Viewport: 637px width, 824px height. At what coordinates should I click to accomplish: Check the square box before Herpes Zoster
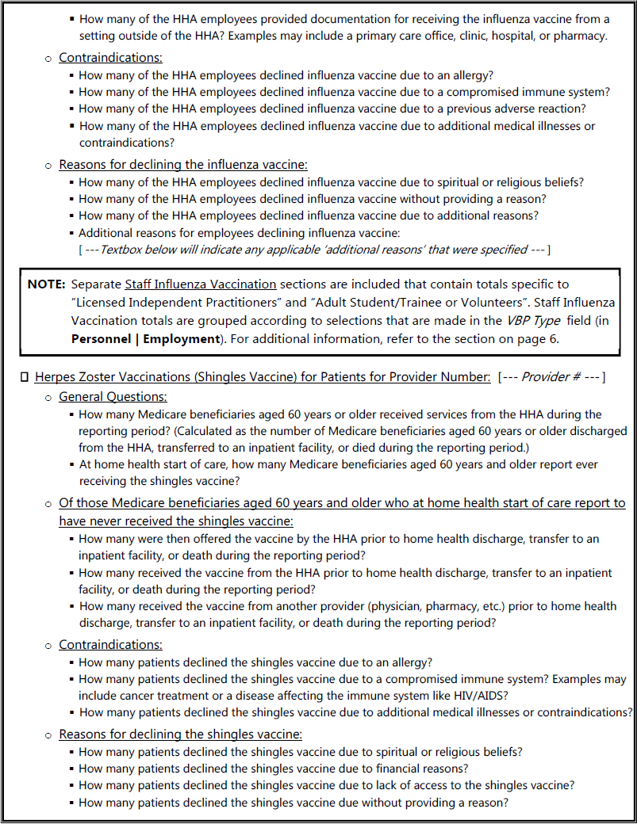[x=25, y=377]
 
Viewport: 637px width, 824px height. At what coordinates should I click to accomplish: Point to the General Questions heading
[x=113, y=397]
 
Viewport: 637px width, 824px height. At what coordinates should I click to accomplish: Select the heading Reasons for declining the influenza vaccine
[x=183, y=165]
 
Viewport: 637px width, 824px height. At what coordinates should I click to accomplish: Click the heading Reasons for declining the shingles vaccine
[x=180, y=734]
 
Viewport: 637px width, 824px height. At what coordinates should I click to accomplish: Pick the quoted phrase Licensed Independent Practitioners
[x=172, y=302]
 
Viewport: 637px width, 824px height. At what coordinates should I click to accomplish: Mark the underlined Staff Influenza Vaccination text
[x=201, y=284]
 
